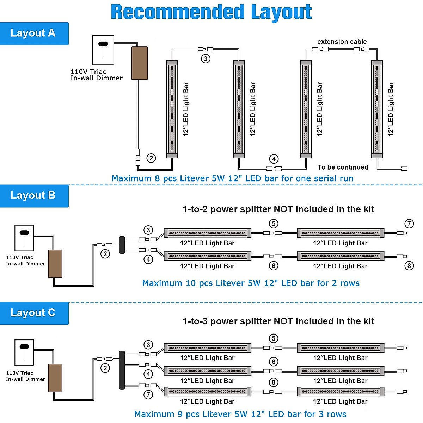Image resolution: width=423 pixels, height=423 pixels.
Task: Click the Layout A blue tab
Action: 34,33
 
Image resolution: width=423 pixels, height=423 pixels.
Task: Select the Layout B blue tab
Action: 34,196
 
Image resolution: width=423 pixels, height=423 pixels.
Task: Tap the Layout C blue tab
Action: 34,313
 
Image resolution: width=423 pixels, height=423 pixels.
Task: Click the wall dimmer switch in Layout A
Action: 103,50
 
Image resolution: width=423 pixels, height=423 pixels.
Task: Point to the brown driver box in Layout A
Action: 139,63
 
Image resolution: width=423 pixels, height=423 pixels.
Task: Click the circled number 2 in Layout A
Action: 151,158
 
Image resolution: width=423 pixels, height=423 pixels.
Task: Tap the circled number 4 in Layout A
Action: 274,159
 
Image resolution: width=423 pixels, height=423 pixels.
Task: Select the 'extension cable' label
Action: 342,42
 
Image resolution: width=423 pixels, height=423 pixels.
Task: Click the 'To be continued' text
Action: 343,167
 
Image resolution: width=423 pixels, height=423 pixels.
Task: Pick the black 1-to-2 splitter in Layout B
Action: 122,245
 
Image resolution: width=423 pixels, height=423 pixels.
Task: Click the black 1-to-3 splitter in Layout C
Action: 122,370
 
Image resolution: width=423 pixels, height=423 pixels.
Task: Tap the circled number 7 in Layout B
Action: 409,223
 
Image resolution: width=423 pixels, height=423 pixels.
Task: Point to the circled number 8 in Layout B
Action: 409,266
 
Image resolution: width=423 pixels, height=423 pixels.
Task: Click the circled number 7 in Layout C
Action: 148,395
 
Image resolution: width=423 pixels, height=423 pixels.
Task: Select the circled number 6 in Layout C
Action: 274,362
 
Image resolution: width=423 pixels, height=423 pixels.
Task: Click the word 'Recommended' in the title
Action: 178,12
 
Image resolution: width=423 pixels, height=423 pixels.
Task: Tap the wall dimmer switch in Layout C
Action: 24,352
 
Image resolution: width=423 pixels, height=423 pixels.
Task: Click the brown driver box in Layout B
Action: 55,264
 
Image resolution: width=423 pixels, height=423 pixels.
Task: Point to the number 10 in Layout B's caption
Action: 190,283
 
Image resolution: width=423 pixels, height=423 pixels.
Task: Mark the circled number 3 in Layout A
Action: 206,59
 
